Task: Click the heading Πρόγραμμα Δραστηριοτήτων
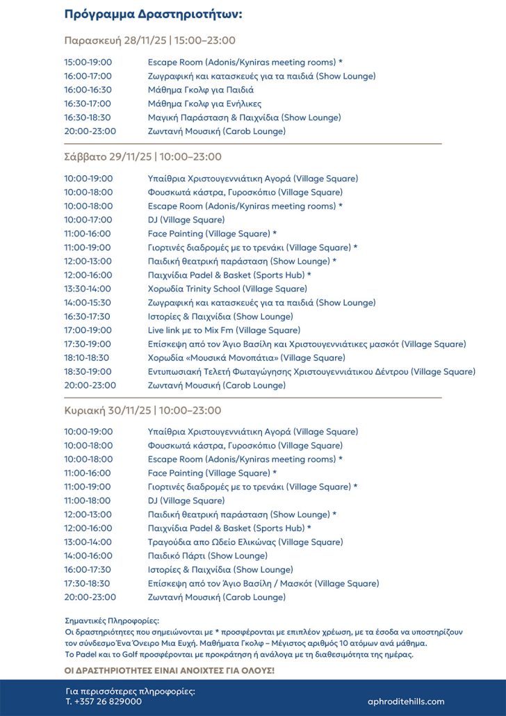(x=154, y=14)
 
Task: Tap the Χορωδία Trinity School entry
(x=227, y=288)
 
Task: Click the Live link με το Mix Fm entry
(x=224, y=330)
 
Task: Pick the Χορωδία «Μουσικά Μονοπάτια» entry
(x=246, y=358)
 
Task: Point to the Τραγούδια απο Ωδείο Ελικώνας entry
(x=245, y=542)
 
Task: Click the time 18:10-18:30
(x=88, y=358)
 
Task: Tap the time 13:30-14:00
(x=88, y=288)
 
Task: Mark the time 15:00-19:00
(x=88, y=62)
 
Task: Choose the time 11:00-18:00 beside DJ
(x=88, y=501)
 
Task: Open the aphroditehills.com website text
(x=406, y=701)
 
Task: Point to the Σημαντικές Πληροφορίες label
(x=111, y=620)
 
